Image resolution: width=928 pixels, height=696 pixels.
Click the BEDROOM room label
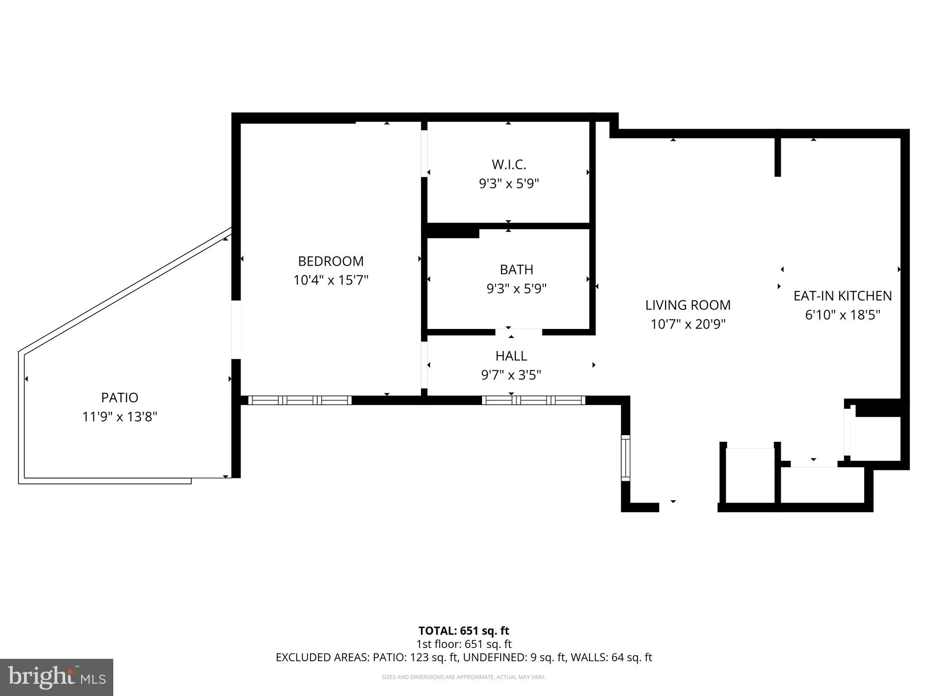pyautogui.click(x=330, y=261)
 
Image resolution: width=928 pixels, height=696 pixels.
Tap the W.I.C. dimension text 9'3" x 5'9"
pyautogui.click(x=509, y=184)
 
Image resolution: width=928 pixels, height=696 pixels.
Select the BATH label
pyautogui.click(x=516, y=270)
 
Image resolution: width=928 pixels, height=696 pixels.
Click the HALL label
pyautogui.click(x=511, y=356)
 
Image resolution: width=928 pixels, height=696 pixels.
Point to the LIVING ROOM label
pyautogui.click(x=688, y=305)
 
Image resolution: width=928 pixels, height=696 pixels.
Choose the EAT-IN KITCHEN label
pyautogui.click(x=842, y=296)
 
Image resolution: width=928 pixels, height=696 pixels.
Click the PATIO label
pyautogui.click(x=120, y=398)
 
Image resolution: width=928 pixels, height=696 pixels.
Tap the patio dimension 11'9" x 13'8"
pyautogui.click(x=120, y=417)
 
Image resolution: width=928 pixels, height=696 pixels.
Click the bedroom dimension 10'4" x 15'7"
pyautogui.click(x=331, y=280)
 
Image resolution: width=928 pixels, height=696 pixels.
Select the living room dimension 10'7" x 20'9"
pyautogui.click(x=688, y=324)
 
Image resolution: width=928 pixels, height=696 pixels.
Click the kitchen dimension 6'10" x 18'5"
pyautogui.click(x=842, y=315)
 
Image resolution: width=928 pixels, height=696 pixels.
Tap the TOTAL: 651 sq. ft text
pyautogui.click(x=464, y=631)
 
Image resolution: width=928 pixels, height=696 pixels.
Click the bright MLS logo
pyautogui.click(x=57, y=677)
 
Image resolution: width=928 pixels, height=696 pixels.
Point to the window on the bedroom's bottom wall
pyautogui.click(x=300, y=400)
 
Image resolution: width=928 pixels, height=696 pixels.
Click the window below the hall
pyautogui.click(x=533, y=400)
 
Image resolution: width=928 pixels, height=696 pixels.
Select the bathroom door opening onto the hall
pyautogui.click(x=518, y=332)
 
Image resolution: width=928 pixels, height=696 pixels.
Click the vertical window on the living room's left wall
pyautogui.click(x=625, y=458)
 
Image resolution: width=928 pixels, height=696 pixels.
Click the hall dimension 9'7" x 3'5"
pyautogui.click(x=511, y=375)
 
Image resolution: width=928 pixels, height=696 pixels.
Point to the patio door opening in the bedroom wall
pyautogui.click(x=236, y=330)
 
